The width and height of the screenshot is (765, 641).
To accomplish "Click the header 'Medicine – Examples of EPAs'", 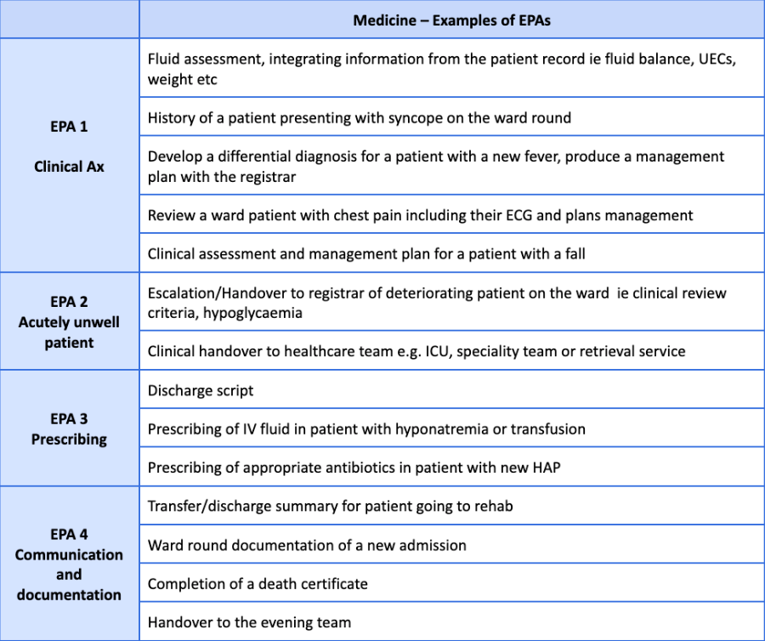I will (x=451, y=20).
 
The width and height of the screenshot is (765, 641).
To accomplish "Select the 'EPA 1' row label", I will (x=69, y=127).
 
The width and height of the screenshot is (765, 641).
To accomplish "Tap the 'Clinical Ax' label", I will (x=69, y=167).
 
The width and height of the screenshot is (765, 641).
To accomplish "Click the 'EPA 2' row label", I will (x=69, y=302).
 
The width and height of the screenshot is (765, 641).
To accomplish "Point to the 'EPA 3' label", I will (x=69, y=419).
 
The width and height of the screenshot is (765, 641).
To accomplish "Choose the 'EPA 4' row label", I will (x=69, y=535).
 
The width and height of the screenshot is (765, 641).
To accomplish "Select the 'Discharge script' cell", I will (x=201, y=391).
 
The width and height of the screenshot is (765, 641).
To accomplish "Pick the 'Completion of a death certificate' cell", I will (x=258, y=584).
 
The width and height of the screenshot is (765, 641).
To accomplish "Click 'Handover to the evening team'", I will (x=249, y=622).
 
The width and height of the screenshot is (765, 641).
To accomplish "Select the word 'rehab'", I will (x=490, y=507).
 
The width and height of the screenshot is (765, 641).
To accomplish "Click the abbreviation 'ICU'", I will (x=436, y=351).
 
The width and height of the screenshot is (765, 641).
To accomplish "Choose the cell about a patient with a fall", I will (x=366, y=253).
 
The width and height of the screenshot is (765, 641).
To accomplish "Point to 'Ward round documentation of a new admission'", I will (x=307, y=545).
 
